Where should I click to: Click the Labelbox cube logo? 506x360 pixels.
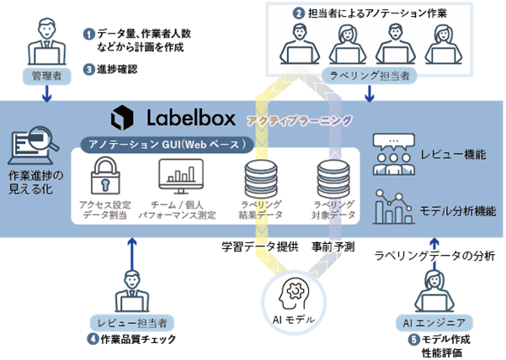coord(124,116)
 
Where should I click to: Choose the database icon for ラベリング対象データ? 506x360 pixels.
coord(328,177)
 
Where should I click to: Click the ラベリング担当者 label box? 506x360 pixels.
coord(371,76)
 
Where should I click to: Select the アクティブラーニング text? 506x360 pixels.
coord(299,120)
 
